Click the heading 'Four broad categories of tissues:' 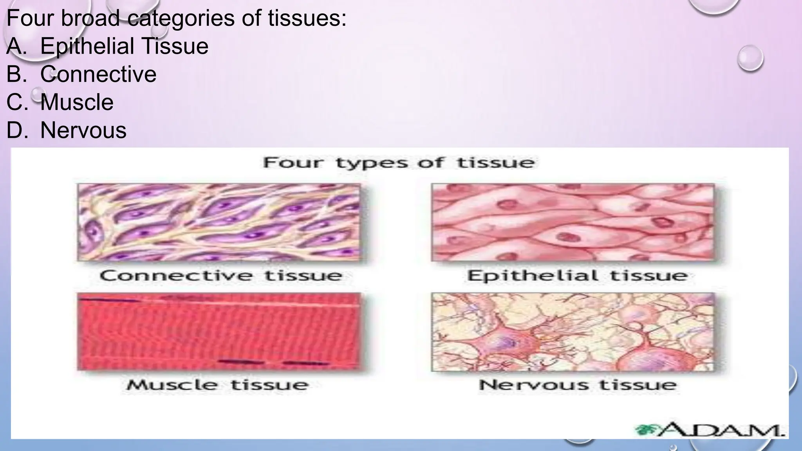[176, 18]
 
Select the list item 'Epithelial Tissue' [124, 46]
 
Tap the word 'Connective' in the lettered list [98, 74]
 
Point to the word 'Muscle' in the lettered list [77, 102]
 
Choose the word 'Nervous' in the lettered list [83, 130]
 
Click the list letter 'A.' [16, 46]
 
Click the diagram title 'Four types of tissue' [399, 162]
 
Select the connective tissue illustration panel [219, 222]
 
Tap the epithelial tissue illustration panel [573, 222]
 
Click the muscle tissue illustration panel [219, 331]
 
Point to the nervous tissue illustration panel [573, 332]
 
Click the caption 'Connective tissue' [221, 275]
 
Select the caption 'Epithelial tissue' [577, 275]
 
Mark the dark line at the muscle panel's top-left [109, 300]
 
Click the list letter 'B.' [16, 74]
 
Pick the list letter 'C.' [17, 102]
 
